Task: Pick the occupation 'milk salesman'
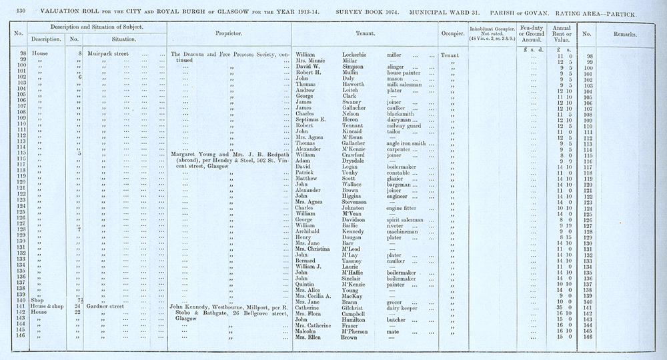(x=409, y=85)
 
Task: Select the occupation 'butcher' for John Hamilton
(x=400, y=320)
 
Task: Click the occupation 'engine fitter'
(x=408, y=207)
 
